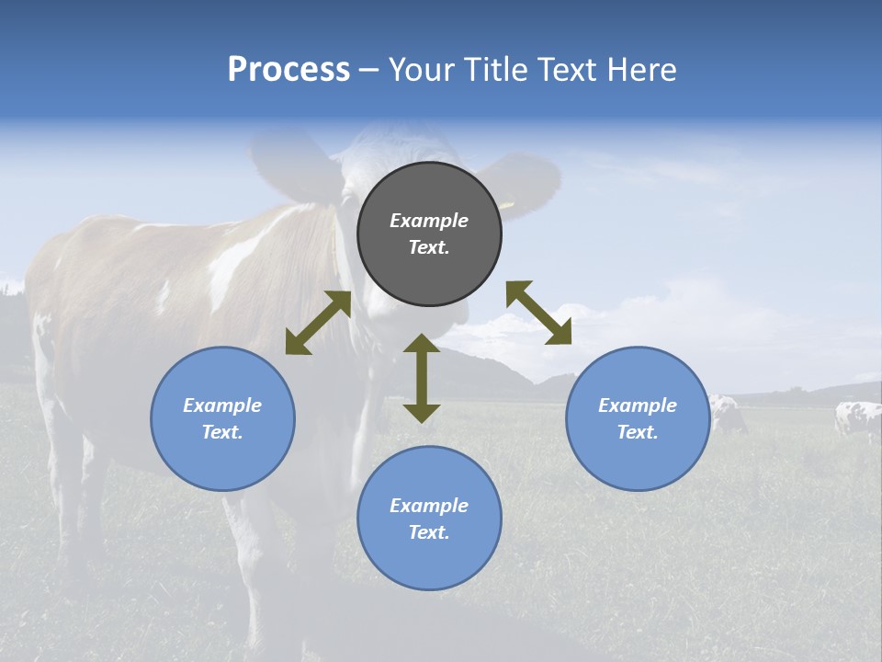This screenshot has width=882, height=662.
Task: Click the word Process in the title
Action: coord(288,70)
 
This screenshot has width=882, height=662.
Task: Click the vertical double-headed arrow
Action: coord(422,378)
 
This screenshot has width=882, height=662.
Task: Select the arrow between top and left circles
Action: coord(318,323)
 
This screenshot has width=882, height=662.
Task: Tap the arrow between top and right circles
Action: coord(538,313)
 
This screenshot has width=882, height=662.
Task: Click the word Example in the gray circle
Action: coord(429,221)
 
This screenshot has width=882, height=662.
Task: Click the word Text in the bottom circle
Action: coord(427,532)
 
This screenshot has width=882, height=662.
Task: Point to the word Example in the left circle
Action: coord(222,405)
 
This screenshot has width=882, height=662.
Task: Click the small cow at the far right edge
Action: coord(856,418)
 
